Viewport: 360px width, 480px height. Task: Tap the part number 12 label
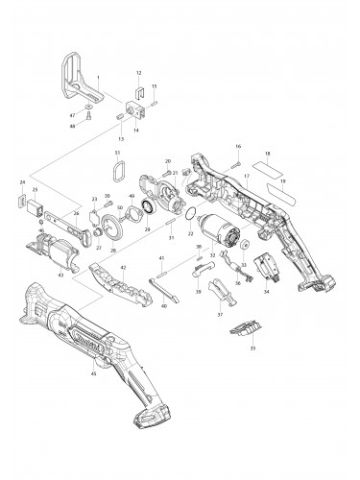tap(138, 73)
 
